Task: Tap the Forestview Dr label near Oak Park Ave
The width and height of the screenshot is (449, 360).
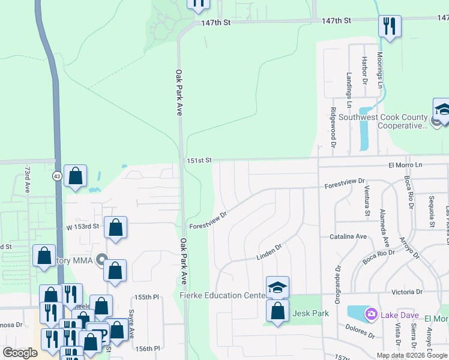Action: pyautogui.click(x=208, y=220)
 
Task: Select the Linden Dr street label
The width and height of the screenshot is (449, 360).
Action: pyautogui.click(x=269, y=251)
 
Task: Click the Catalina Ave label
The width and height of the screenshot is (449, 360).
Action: pyautogui.click(x=348, y=237)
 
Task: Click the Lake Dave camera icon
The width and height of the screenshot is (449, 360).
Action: pyautogui.click(x=371, y=313)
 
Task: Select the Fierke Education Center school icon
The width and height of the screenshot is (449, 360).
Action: pyautogui.click(x=277, y=287)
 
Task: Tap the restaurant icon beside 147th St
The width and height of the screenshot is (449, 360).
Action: pyautogui.click(x=390, y=26)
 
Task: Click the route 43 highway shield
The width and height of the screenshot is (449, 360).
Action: pyautogui.click(x=56, y=175)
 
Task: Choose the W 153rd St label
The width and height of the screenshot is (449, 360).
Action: pyautogui.click(x=82, y=226)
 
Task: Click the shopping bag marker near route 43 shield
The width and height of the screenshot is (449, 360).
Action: pyautogui.click(x=76, y=176)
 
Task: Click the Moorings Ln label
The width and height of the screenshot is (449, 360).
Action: pyautogui.click(x=380, y=70)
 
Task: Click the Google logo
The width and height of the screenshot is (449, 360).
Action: pyautogui.click(x=20, y=353)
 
